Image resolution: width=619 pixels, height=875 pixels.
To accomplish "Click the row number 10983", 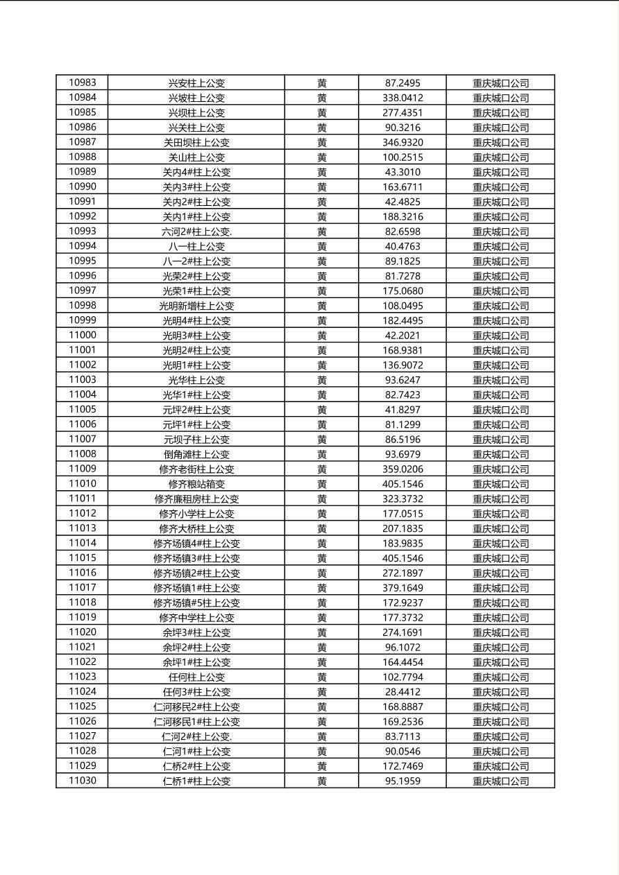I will coord(83,83).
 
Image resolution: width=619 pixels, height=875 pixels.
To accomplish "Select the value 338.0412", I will coord(402,98).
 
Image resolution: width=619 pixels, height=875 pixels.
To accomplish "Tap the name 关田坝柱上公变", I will coord(196,142).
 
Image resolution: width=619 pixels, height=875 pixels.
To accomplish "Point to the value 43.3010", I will coord(402,172).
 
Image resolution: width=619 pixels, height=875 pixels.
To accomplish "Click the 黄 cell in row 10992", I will coord(322,216).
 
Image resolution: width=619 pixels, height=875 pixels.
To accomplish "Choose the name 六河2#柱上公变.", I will coord(196,232).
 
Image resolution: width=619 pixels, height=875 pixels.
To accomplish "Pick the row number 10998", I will coord(83,306).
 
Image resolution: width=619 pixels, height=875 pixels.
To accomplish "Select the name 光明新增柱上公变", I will coord(196,306).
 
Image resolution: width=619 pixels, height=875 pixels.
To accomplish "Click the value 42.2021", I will coord(402,336).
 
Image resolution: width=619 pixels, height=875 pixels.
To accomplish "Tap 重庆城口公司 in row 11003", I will coord(500,380).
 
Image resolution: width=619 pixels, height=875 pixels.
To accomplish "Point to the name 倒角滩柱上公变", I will coord(196,454).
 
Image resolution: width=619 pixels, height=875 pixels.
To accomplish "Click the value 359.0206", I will coord(402,469).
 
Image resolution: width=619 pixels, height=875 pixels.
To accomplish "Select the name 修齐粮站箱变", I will coord(196,484).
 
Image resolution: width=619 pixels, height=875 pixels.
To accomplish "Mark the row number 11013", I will coord(83,528).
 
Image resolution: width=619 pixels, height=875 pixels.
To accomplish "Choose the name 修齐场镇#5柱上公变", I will coord(196,603).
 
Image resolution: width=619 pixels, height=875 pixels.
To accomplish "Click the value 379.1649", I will coord(402,588).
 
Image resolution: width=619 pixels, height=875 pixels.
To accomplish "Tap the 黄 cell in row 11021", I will coord(322,648).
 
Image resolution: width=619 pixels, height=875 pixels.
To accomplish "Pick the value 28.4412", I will coord(402,692).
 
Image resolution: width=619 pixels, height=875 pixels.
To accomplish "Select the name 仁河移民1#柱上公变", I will coord(196,722).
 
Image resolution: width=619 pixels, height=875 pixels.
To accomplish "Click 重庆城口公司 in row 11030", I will coord(500,781).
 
